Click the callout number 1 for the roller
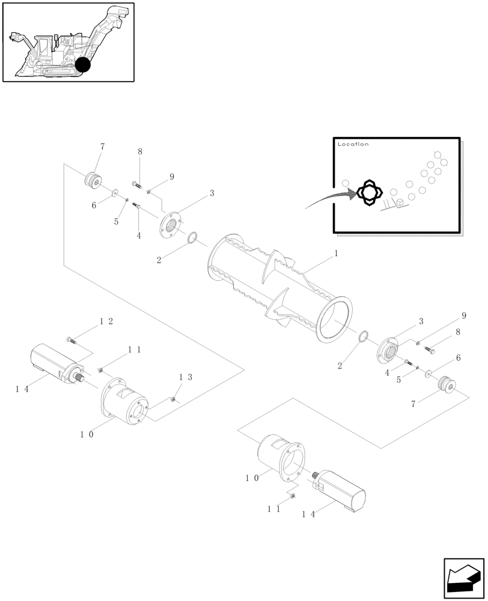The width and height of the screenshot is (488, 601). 336,254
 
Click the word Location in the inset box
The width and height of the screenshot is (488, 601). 353,144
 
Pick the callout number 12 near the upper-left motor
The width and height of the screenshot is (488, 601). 106,322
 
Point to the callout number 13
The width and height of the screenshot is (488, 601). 186,377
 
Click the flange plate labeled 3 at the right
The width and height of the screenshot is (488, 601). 390,350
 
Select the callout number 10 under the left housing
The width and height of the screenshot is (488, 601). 86,435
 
